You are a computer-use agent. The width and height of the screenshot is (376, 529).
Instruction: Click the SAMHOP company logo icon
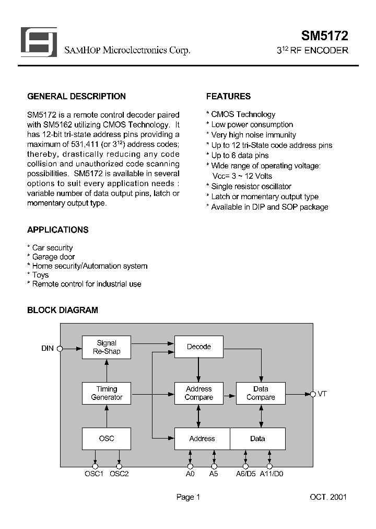point(38,42)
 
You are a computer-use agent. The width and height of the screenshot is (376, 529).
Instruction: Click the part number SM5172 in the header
point(324,36)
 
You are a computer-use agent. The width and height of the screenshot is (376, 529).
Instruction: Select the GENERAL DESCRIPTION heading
point(76,97)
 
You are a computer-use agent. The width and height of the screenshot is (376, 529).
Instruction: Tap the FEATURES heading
point(228,97)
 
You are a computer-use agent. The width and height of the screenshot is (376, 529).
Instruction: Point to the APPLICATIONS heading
point(57,230)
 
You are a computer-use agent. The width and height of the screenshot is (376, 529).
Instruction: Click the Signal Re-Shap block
point(107,348)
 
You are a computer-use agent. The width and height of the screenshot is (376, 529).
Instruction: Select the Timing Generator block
point(107,393)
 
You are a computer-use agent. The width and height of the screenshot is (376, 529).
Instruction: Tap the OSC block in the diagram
point(107,439)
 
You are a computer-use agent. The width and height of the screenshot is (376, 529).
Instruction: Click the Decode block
point(198,347)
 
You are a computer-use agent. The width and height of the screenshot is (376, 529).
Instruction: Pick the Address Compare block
point(198,393)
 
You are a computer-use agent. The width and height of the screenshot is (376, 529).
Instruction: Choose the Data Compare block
point(261,393)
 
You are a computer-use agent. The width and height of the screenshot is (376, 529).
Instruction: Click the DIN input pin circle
point(60,348)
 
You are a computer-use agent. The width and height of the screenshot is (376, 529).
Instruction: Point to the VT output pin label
point(322,394)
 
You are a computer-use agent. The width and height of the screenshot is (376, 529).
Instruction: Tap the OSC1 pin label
point(95,474)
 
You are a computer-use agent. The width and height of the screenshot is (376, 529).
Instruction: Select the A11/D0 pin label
point(271,474)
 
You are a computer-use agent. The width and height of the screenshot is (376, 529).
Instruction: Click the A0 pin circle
point(190,466)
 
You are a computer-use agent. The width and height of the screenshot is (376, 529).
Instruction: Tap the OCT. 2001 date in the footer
point(327,497)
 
